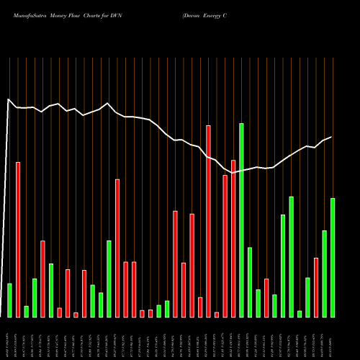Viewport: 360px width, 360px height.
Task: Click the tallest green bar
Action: pos(241,220)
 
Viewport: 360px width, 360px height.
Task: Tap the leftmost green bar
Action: pos(9,300)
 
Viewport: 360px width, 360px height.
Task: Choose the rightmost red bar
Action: pos(316,287)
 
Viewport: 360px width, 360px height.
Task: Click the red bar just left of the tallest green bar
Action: pos(233,238)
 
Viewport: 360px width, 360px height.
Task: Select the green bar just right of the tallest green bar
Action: pos(250,282)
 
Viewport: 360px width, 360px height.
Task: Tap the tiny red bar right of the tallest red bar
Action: pos(217,314)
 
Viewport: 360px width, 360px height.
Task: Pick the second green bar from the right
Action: pos(324,274)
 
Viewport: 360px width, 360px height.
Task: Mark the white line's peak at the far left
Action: pos(8,100)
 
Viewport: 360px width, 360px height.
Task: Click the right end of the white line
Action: pos(332,137)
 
